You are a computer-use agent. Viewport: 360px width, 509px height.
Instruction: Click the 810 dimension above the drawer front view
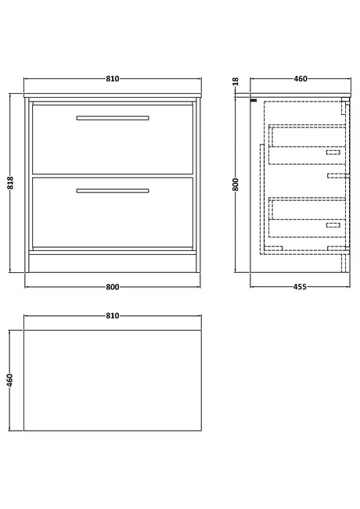[113, 78]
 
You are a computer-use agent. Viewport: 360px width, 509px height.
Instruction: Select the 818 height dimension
[10, 183]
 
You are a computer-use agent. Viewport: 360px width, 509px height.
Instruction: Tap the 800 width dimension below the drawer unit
[113, 287]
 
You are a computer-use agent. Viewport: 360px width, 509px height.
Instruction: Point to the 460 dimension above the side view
[301, 78]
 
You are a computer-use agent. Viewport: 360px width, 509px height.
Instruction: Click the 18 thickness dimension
[236, 81]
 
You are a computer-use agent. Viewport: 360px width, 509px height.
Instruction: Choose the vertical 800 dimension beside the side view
[236, 185]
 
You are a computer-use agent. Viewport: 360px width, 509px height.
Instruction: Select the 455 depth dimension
[300, 287]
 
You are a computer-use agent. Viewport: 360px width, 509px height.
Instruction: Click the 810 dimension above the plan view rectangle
[113, 316]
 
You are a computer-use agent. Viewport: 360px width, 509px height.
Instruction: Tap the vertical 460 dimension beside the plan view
[9, 380]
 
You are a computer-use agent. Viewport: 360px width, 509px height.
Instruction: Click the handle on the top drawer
[113, 118]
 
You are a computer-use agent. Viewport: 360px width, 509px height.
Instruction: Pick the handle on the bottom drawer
[113, 191]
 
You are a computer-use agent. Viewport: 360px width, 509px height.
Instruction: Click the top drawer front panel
[113, 139]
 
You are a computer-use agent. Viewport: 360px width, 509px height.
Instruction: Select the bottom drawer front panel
[113, 213]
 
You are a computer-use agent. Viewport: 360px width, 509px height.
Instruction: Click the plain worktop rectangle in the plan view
[113, 381]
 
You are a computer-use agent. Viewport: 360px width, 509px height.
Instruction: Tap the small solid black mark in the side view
[254, 100]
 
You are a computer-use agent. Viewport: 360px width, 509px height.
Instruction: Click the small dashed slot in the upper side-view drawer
[333, 152]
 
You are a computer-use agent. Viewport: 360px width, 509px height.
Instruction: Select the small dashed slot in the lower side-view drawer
[333, 225]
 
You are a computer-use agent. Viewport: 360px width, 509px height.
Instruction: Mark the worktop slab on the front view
[113, 95]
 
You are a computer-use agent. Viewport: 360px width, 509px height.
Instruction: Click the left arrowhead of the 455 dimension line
[252, 287]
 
